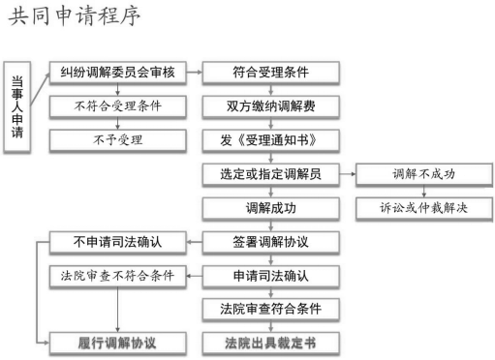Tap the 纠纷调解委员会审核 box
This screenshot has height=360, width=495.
tap(117, 73)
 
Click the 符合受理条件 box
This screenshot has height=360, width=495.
tap(270, 73)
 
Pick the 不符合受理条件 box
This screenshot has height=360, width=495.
tap(117, 105)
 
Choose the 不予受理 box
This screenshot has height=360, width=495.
tap(117, 139)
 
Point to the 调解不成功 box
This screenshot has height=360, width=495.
tap(423, 174)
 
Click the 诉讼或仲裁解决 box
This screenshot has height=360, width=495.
tap(423, 208)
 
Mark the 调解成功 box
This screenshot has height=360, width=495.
tap(270, 208)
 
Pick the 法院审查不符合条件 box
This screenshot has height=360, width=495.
tap(117, 276)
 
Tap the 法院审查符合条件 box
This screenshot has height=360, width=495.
tap(270, 309)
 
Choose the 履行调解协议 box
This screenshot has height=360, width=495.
tap(117, 343)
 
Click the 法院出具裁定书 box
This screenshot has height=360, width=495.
tap(270, 343)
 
